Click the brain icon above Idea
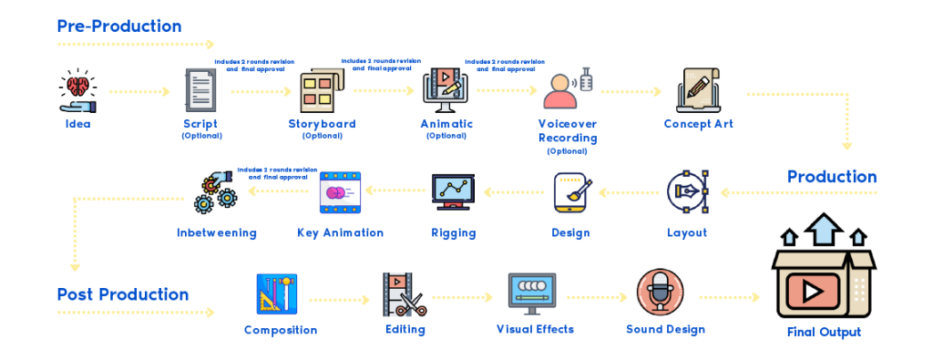pos(78,85)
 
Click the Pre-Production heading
pos(119,26)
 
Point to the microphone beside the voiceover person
pos(587,79)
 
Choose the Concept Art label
pos(699,124)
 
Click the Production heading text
pos(832,177)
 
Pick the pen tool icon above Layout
pos(687,192)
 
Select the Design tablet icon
pos(570,192)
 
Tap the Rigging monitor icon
pos(454,191)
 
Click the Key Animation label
pos(341,232)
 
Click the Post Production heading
pos(123,294)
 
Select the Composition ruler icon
pos(277,294)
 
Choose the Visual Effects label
pos(535,329)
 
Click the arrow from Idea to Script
pos(139,92)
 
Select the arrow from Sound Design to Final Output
pos(730,297)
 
